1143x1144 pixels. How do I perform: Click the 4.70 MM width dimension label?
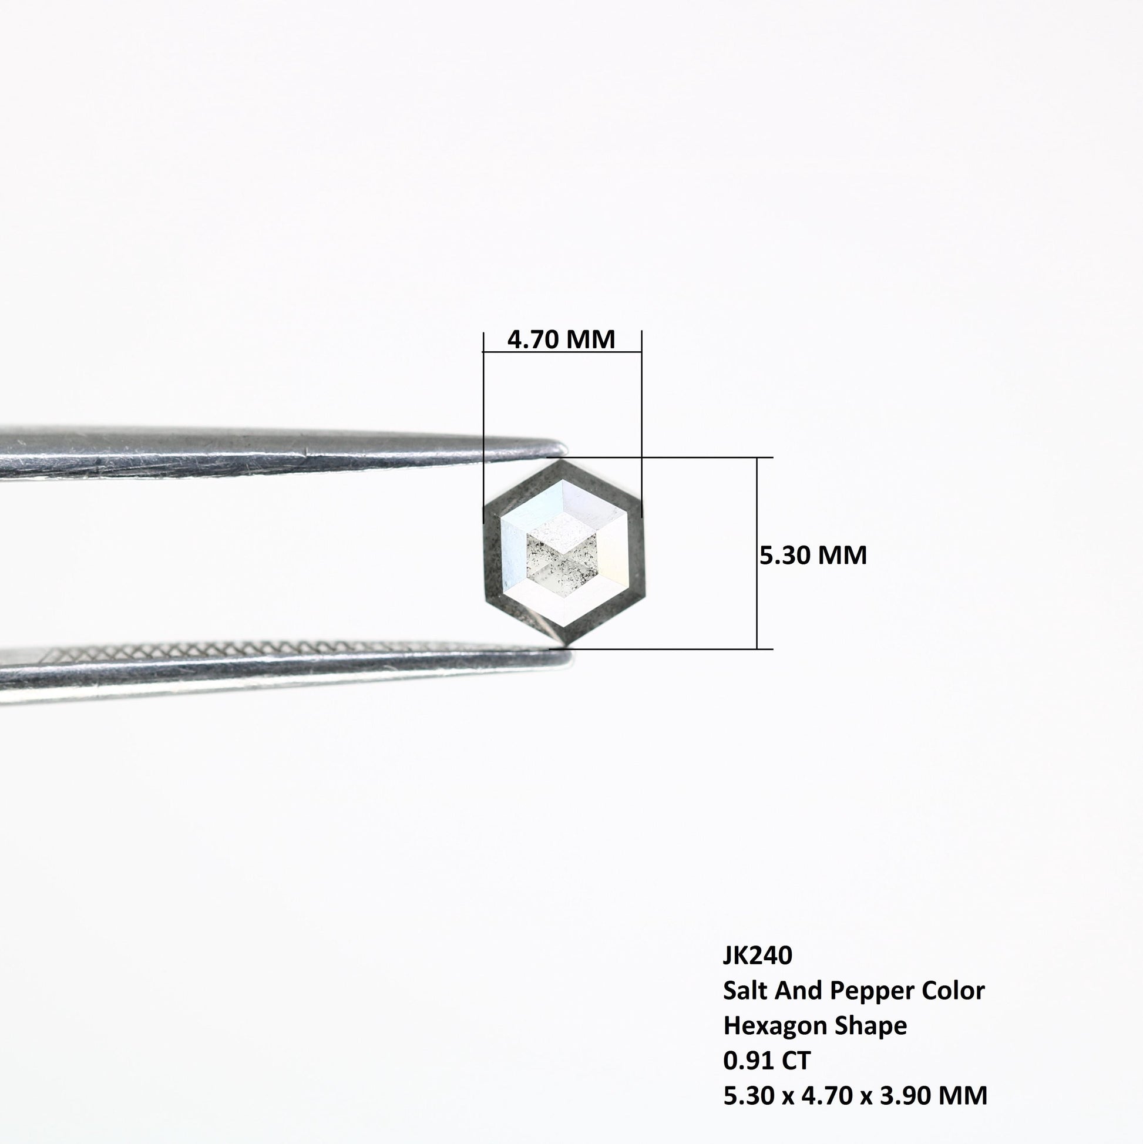[x=561, y=339]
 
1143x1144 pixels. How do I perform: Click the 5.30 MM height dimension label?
[x=813, y=555]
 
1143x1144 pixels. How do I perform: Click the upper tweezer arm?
[x=278, y=453]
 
